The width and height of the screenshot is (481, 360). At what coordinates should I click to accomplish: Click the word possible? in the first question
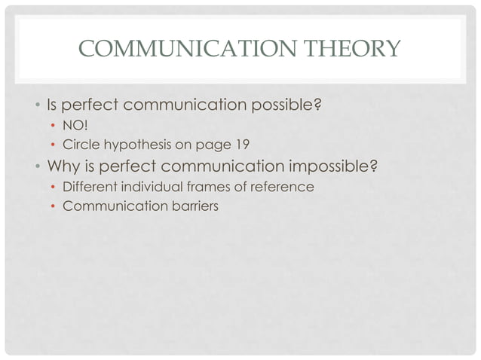[284, 104]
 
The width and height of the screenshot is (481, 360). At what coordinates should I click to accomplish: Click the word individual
[150, 186]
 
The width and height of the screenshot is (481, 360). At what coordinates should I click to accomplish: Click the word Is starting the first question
[54, 104]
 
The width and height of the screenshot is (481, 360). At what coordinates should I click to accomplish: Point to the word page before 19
[213, 145]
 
